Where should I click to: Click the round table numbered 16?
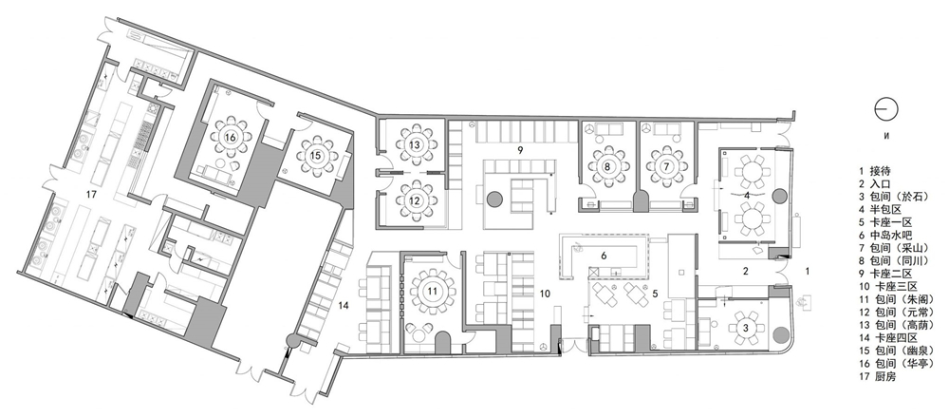tap(230, 138)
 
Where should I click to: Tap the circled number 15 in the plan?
tap(316, 156)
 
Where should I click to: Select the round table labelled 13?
tap(415, 145)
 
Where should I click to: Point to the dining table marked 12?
tap(415, 199)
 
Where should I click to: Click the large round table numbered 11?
tap(432, 292)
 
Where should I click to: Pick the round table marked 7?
tap(666, 164)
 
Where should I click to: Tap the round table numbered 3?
tap(746, 328)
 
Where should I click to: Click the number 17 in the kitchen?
tap(92, 195)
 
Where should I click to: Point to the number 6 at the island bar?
tap(604, 256)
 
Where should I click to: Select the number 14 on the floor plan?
tap(344, 306)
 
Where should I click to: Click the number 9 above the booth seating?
tap(519, 148)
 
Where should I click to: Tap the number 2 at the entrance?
tap(746, 272)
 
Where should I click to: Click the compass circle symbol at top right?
tap(886, 109)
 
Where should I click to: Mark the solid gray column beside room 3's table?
tap(779, 333)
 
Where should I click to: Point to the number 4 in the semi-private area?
tap(747, 195)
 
